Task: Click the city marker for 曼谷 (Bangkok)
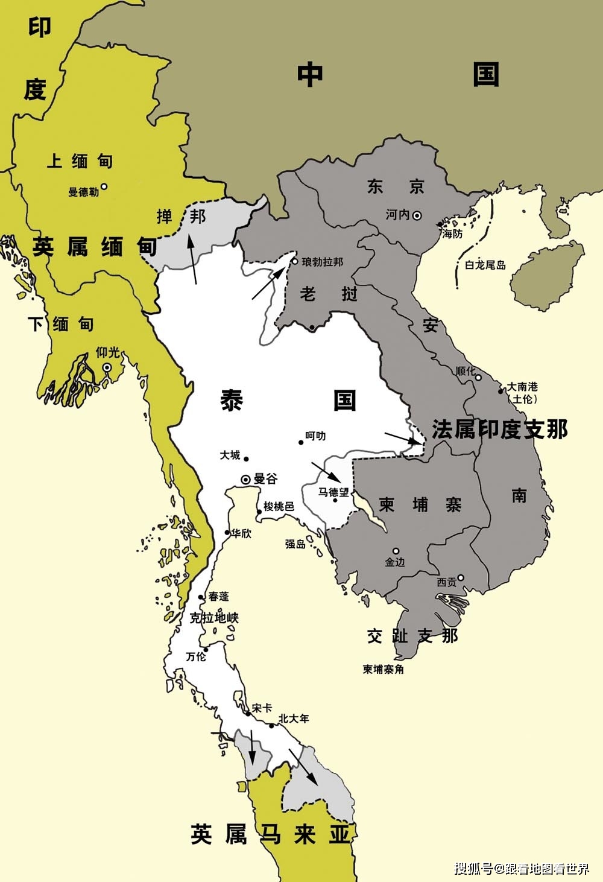[245, 479]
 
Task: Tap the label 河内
[397, 215]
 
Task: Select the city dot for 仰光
[107, 367]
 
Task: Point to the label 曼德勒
[83, 192]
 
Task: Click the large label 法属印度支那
[500, 430]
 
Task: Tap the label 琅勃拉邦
[322, 262]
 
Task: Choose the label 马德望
[333, 492]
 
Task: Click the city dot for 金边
[396, 551]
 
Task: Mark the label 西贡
[447, 582]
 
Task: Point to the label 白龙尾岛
[485, 265]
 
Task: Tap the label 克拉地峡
[214, 618]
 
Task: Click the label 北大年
[294, 719]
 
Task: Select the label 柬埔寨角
[383, 669]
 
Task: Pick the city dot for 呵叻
[301, 442]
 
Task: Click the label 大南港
[522, 387]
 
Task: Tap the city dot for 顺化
[478, 378]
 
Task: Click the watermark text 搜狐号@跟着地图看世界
[521, 869]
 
